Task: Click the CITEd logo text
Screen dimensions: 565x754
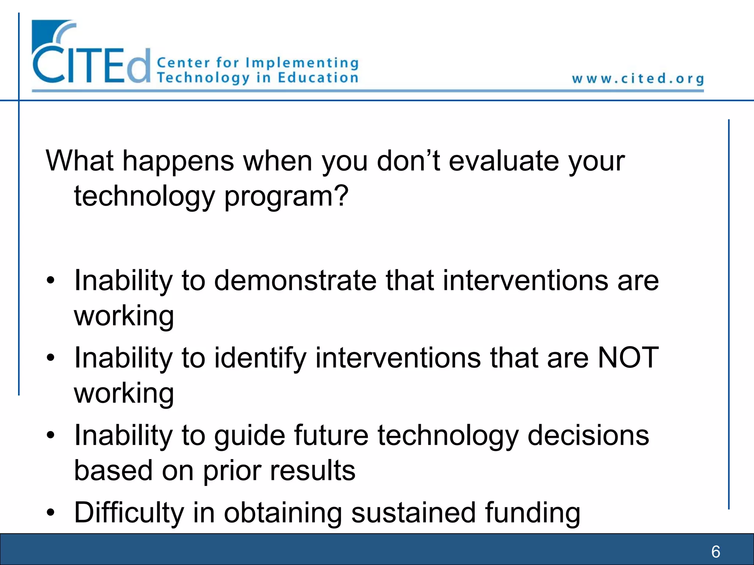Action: (x=91, y=65)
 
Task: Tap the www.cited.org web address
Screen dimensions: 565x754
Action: (x=638, y=79)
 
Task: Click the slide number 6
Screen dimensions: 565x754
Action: (x=716, y=551)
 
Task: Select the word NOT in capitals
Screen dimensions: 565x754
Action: (x=628, y=358)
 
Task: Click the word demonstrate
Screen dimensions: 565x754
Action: (x=295, y=280)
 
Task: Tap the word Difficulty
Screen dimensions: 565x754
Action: (x=128, y=512)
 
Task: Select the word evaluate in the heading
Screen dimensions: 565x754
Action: (x=504, y=161)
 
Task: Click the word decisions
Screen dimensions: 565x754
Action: (x=588, y=436)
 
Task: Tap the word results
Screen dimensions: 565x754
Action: (x=313, y=470)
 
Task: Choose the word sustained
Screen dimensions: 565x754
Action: (x=413, y=512)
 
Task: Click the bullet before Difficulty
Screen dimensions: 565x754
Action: (x=51, y=512)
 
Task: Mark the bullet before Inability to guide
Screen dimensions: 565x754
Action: (x=51, y=435)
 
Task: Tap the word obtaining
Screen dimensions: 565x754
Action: (x=283, y=513)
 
